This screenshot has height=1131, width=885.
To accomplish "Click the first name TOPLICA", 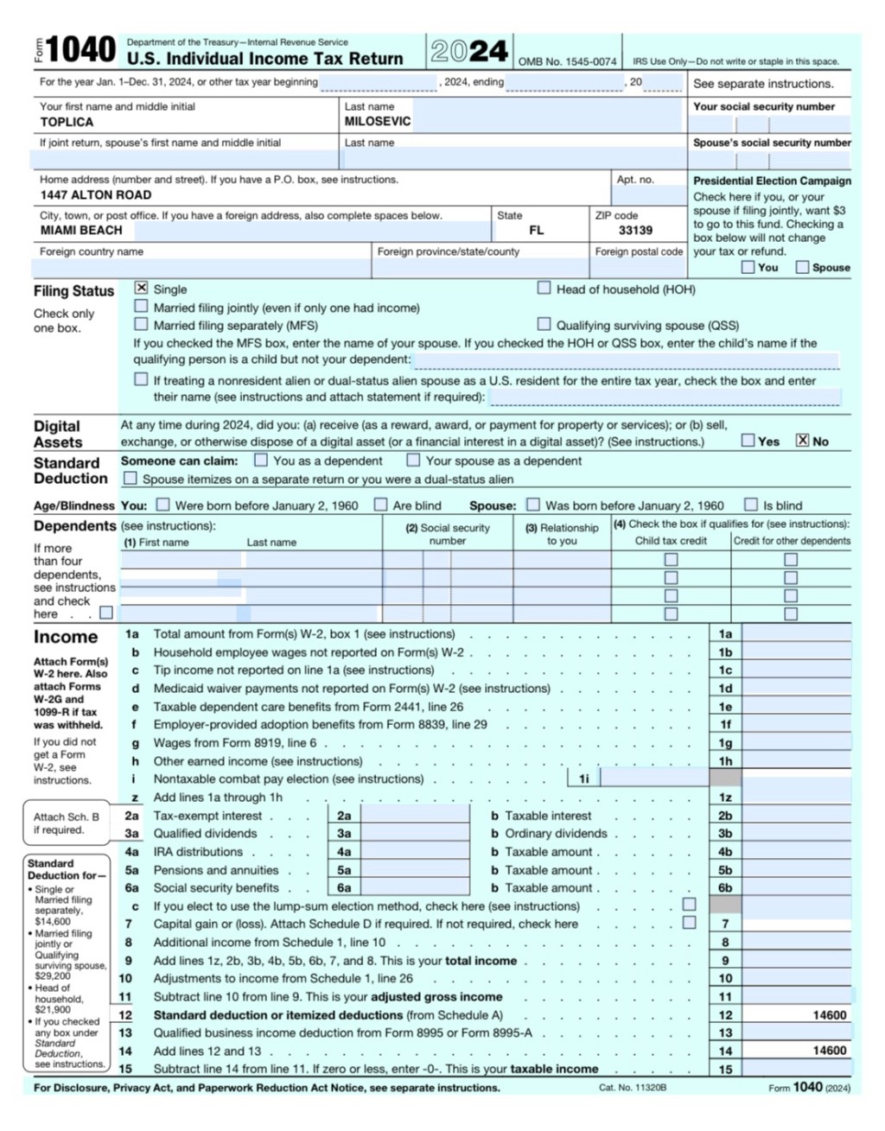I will (x=67, y=123).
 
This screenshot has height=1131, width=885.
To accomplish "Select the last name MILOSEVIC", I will (x=378, y=122).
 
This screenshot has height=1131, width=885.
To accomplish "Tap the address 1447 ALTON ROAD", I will (x=96, y=195).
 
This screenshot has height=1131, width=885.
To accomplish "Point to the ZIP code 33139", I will (x=635, y=231).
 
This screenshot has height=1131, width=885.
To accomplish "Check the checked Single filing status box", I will (x=142, y=288).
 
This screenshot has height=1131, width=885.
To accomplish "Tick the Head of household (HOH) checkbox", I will (x=544, y=288).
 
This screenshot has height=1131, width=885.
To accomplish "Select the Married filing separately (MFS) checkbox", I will (x=141, y=324).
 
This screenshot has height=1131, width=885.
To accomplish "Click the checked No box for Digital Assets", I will (x=803, y=440).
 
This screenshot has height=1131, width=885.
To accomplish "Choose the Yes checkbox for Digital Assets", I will (x=748, y=440).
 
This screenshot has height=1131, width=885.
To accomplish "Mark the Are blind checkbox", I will (x=380, y=505).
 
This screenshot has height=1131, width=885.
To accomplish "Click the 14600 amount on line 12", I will (x=830, y=1015).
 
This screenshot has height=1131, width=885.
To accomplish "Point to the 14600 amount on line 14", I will (x=830, y=1051).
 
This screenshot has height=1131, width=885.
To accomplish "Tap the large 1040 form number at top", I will (x=80, y=50).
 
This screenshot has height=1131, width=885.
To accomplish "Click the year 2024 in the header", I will (x=469, y=52).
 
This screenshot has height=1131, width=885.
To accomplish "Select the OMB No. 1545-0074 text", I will (x=567, y=62).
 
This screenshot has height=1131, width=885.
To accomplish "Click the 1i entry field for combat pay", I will (x=654, y=778).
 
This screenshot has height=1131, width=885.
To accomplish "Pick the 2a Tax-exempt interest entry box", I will (x=414, y=816).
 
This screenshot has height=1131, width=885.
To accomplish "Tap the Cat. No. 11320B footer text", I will (x=633, y=1088).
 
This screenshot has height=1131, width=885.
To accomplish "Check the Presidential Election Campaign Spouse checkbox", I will (x=802, y=267).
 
